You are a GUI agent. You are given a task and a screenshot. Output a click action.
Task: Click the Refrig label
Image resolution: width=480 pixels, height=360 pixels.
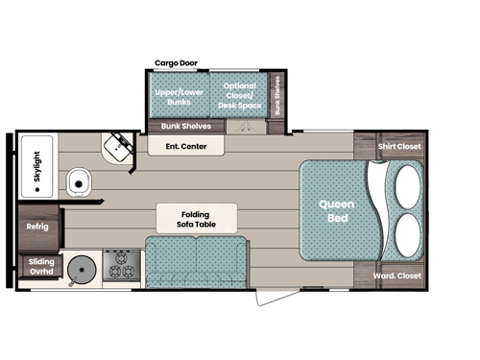[x=37, y=227]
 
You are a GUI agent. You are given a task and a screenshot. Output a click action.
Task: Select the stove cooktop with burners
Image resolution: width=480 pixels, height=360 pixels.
[x=121, y=264]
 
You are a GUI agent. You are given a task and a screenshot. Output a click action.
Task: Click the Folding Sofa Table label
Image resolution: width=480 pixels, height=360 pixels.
[x=196, y=218]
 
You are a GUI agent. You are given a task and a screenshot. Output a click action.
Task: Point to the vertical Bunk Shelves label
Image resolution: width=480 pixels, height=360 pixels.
[x=277, y=95]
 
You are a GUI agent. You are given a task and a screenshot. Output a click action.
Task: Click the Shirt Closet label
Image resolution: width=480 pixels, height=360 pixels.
[x=399, y=147]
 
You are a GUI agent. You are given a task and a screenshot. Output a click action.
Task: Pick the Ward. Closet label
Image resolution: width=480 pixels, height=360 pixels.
[x=397, y=276]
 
